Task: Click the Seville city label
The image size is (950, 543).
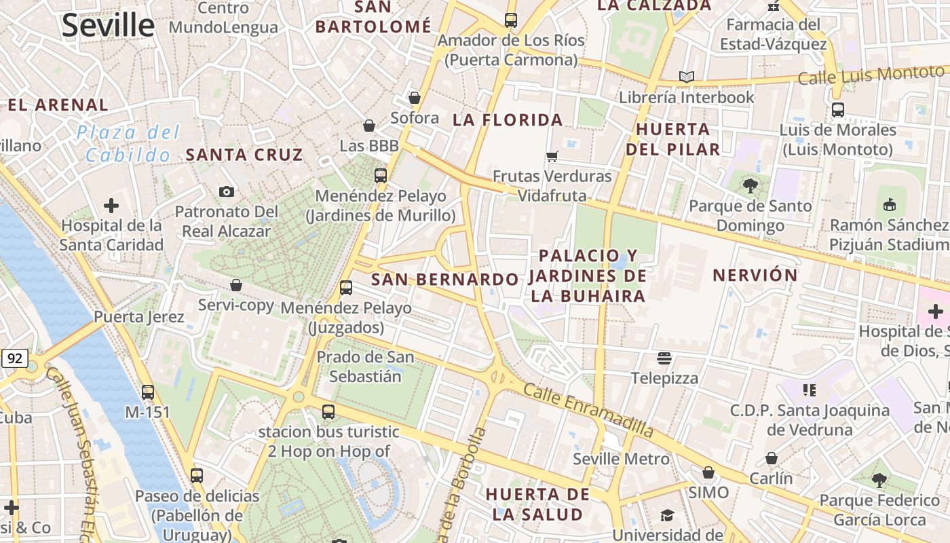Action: (109, 26)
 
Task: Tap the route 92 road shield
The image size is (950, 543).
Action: (16, 358)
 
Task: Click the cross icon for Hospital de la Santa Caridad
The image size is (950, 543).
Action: (111, 205)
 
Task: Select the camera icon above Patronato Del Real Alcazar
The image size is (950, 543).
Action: (227, 192)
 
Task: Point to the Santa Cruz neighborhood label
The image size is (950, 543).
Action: (244, 155)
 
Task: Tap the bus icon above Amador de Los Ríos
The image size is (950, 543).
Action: (511, 20)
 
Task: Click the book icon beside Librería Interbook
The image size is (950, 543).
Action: (687, 77)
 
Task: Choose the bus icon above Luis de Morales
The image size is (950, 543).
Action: (838, 110)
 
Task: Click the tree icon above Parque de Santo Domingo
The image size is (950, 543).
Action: (750, 185)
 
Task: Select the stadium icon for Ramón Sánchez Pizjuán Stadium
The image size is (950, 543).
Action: (890, 204)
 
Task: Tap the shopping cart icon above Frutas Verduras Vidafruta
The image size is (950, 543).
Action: (552, 156)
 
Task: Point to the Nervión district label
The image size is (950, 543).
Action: (755, 275)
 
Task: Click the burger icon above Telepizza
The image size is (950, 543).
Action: (664, 358)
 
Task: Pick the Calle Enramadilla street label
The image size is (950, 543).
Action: (588, 411)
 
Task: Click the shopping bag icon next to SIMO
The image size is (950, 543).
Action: (708, 472)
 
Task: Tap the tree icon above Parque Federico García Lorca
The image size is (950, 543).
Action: (879, 481)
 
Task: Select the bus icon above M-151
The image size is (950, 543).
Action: (148, 392)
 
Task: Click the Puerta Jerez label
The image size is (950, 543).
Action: (139, 317)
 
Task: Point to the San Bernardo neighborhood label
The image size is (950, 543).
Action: (444, 280)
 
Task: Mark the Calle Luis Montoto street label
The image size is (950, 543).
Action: (871, 75)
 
